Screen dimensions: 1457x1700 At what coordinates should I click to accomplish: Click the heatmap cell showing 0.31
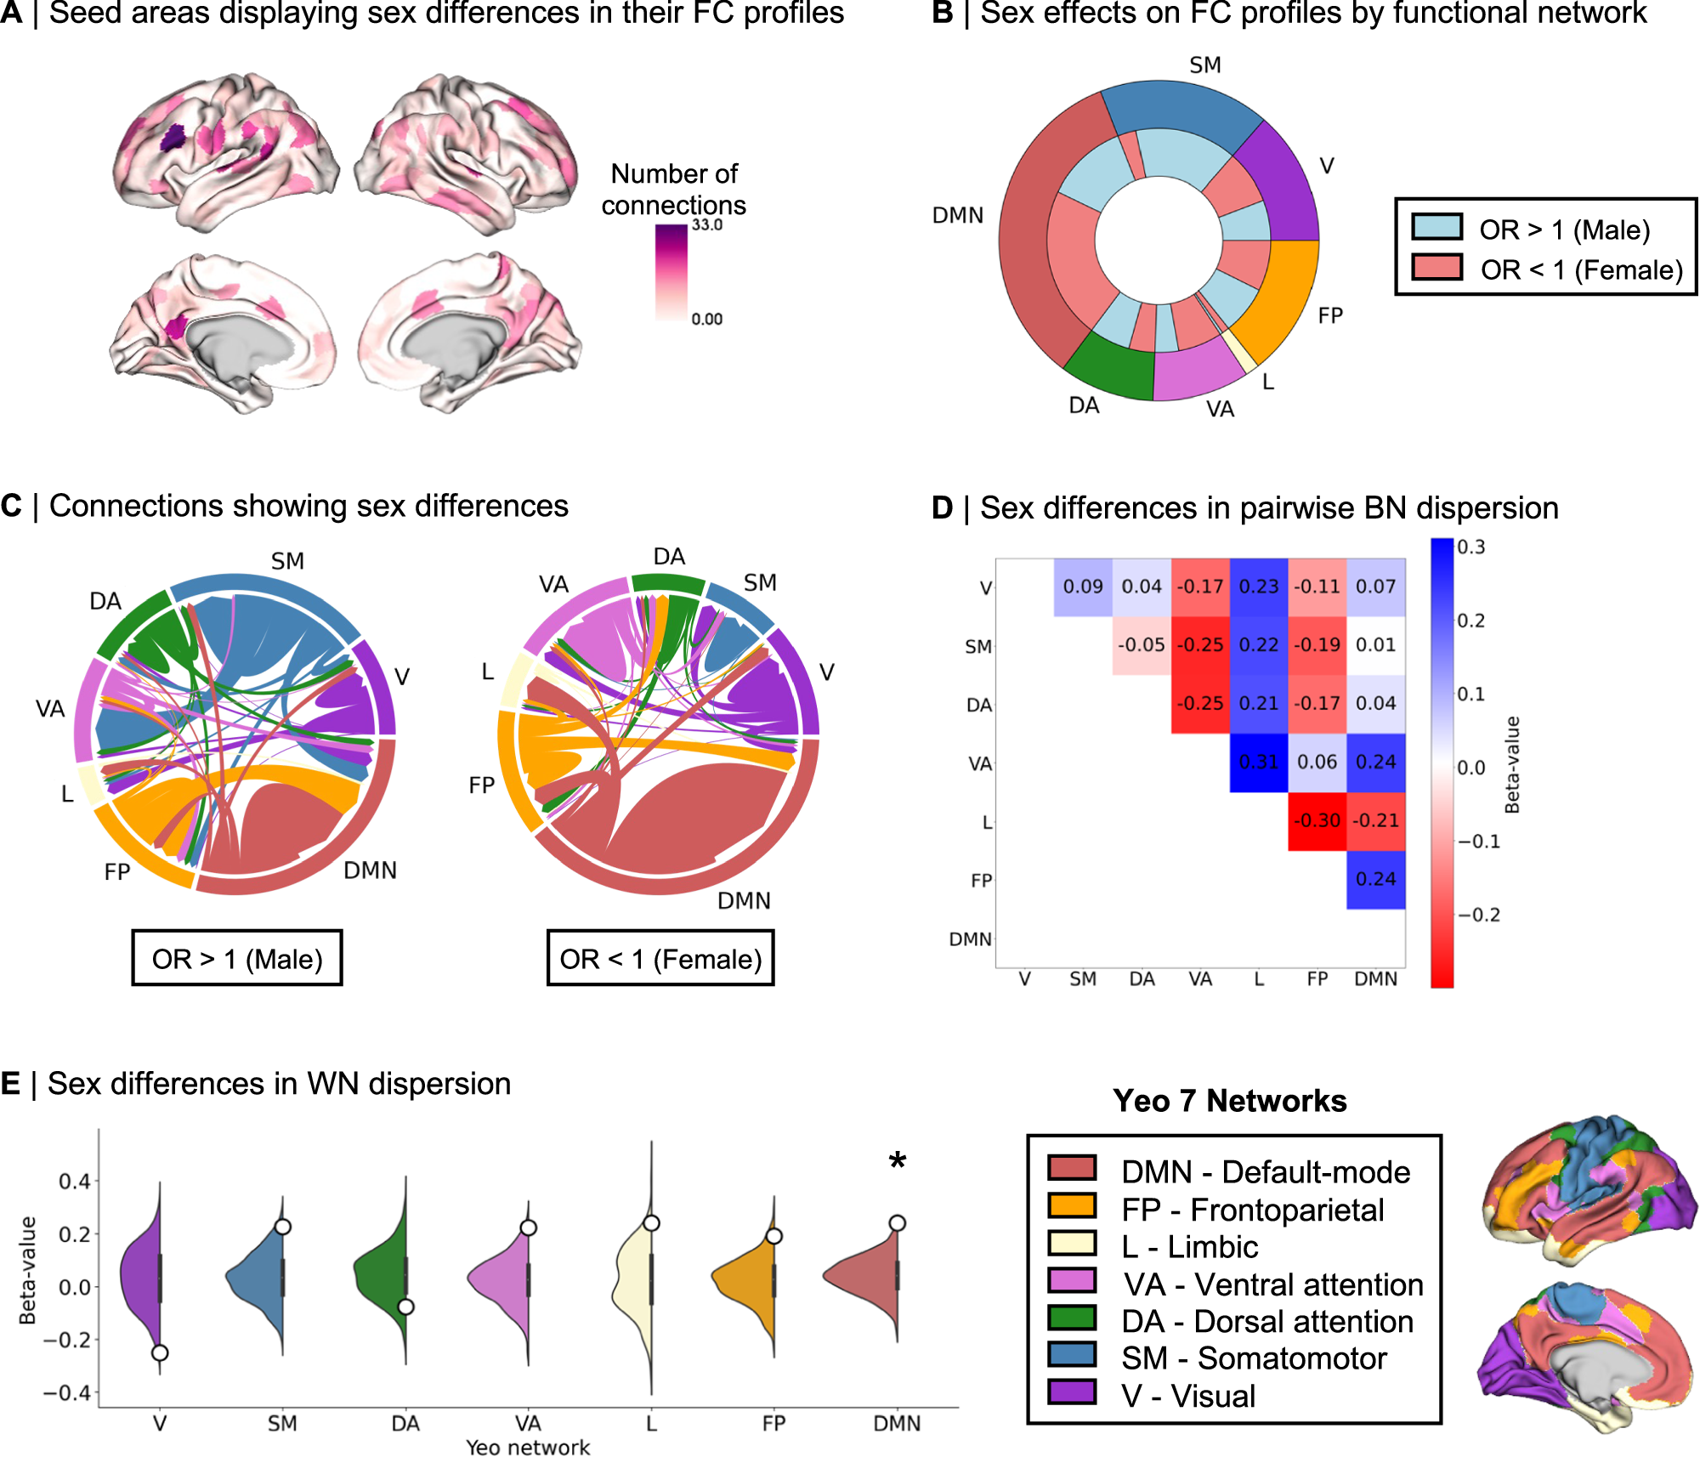coord(1258,763)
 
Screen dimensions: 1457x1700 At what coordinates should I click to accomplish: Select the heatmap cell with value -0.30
coord(1317,821)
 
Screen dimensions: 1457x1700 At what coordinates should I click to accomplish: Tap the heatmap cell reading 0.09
coord(1083,587)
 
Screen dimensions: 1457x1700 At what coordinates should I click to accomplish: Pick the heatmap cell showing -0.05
coord(1142,645)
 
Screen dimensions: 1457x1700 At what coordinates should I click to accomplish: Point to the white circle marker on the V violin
coord(160,1352)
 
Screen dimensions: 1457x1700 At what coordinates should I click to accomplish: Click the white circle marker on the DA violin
coord(406,1307)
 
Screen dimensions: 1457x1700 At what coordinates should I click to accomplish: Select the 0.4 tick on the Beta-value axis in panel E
coord(75,1181)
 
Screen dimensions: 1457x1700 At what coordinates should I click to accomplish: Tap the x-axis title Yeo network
coord(528,1447)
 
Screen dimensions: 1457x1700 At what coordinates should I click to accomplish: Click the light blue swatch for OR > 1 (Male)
coord(1436,228)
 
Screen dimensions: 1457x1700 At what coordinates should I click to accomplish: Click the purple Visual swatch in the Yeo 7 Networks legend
coord(1072,1392)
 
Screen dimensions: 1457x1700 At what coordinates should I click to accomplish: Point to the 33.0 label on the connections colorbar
coord(707,225)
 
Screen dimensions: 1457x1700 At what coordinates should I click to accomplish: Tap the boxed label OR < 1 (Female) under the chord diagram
coord(660,959)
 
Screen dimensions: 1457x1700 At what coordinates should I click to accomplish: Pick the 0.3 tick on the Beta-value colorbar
coord(1471,547)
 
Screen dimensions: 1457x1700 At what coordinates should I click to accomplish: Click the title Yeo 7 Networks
coord(1230,1101)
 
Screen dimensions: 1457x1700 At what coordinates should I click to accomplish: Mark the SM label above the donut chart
coord(1205,65)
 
